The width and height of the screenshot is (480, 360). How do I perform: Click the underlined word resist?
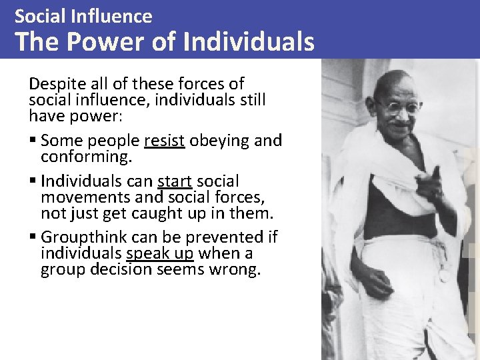coord(164,141)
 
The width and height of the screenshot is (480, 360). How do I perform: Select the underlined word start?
coord(175,181)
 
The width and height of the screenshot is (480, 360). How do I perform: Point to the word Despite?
coord(56,85)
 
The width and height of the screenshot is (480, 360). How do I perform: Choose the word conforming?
coord(86,157)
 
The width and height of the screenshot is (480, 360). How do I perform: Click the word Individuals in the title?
coord(248,41)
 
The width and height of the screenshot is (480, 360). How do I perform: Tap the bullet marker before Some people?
coord(33,141)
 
